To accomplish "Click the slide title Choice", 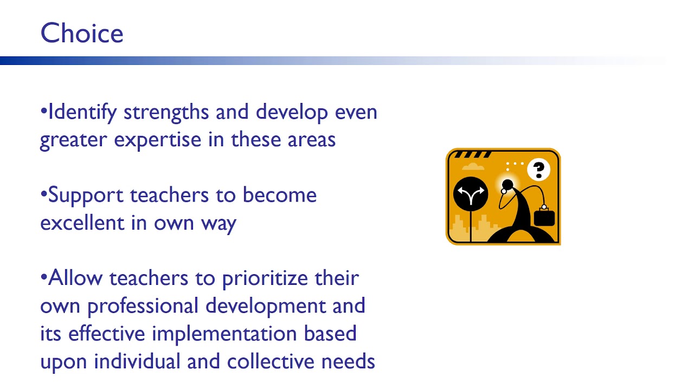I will click(82, 34).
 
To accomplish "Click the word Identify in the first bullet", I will click(82, 113).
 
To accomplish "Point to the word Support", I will click(87, 196).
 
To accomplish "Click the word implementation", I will click(218, 334).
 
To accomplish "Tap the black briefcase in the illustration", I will click(544, 217).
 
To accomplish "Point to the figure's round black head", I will click(507, 186).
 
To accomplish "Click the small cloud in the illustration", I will click(473, 166).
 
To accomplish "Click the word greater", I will click(73, 140).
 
